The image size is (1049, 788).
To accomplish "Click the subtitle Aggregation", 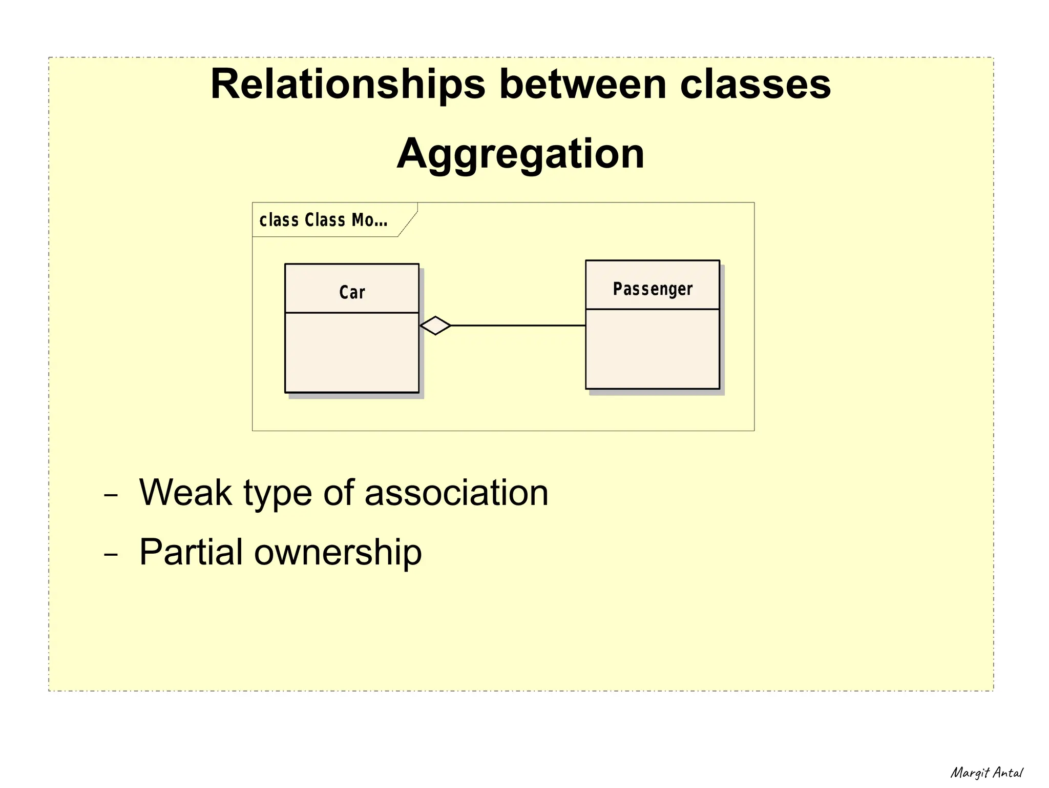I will tap(520, 154).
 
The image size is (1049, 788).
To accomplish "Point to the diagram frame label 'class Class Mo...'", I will tap(323, 220).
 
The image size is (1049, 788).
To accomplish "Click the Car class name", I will tap(352, 292).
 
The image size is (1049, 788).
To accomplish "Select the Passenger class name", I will tap(653, 289).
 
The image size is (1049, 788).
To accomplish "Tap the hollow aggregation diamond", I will tap(435, 326).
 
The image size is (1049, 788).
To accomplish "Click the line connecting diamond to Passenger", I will tap(517, 326).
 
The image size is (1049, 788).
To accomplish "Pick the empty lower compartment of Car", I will tap(352, 352).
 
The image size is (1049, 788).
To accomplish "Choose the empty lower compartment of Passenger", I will tap(653, 349).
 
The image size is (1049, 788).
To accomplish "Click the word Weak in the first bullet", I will tap(185, 493).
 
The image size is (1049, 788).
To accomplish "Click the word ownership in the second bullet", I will tap(338, 552).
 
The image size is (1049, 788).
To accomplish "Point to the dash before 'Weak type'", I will tap(111, 496).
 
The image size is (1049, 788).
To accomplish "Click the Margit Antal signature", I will tap(987, 773).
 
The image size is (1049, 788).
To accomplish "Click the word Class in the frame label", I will tap(325, 220).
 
